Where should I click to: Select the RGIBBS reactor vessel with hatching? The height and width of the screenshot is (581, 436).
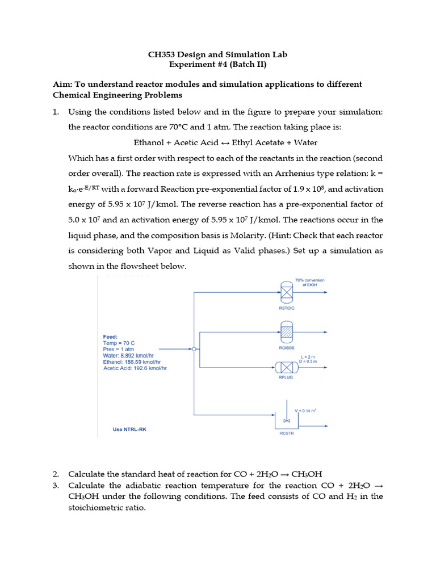[x=286, y=331]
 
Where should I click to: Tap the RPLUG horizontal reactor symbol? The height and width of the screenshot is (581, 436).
[x=286, y=367]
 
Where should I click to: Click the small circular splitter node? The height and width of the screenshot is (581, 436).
[x=194, y=349]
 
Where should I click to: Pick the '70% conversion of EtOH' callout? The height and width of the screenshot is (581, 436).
[x=309, y=282]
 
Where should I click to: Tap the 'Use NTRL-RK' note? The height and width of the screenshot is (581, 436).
[x=129, y=430]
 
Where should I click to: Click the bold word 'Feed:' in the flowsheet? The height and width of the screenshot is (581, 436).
[x=110, y=336]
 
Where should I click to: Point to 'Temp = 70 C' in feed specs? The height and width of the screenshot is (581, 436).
[x=119, y=343]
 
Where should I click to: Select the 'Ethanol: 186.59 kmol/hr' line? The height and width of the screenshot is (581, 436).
[x=132, y=361]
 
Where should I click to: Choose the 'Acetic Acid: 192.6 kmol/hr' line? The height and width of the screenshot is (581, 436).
[x=135, y=368]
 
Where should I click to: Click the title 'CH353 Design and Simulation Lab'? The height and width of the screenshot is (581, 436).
[x=218, y=54]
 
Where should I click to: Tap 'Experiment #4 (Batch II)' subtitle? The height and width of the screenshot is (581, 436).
[x=218, y=65]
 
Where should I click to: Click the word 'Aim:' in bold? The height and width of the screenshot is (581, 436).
[x=62, y=85]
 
